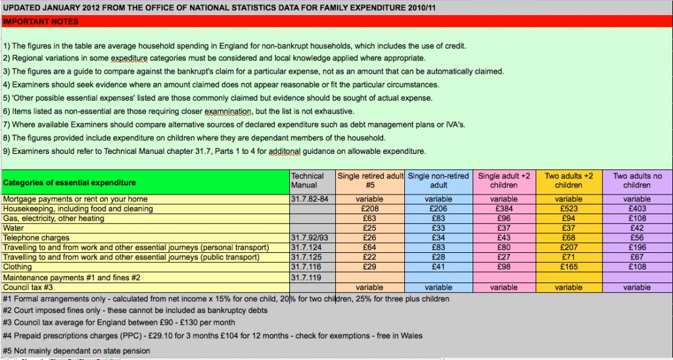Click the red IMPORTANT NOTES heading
pyautogui.click(x=41, y=22)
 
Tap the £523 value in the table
pyautogui.click(x=569, y=209)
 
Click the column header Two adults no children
pyautogui.click(x=637, y=180)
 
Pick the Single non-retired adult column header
pyautogui.click(x=438, y=180)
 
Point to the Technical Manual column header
pyautogui.click(x=308, y=180)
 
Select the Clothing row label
pyautogui.click(x=18, y=267)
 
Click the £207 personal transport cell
pyautogui.click(x=569, y=248)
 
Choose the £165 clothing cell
pyautogui.click(x=569, y=267)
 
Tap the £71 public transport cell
pyautogui.click(x=569, y=258)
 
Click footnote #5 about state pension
pyautogui.click(x=76, y=351)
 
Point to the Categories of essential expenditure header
pyautogui.click(x=70, y=182)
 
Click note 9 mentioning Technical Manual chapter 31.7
pyautogui.click(x=214, y=152)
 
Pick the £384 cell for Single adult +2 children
pyautogui.click(x=504, y=209)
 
